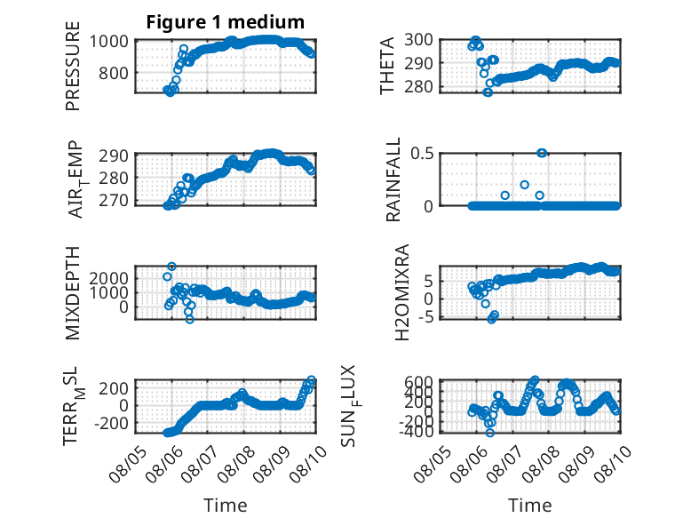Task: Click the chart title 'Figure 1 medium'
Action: click(226, 22)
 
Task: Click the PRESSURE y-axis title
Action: click(73, 66)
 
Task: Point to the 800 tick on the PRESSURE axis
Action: click(114, 73)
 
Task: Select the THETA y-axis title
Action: click(386, 66)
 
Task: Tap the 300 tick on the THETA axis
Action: click(418, 40)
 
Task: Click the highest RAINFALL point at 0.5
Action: click(542, 153)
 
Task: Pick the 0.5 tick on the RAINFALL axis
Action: click(422, 154)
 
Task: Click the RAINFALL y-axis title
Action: click(393, 179)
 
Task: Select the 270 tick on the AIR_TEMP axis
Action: click(114, 201)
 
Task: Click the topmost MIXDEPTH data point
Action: click(172, 267)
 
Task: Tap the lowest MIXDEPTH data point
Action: click(189, 319)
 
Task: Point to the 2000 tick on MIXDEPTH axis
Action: click(109, 278)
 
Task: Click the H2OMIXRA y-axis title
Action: click(402, 292)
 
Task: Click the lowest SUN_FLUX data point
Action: click(489, 433)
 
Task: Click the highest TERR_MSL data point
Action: click(311, 379)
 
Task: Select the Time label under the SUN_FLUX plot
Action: click(529, 506)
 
